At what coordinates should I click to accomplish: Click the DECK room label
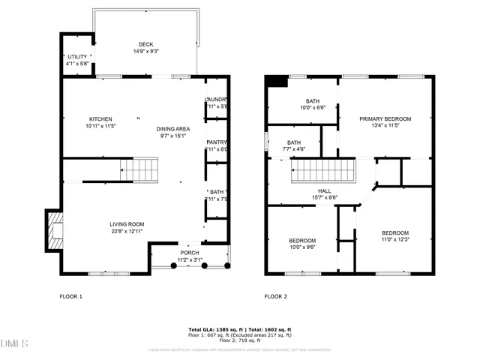point(145,44)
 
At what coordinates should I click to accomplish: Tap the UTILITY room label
point(77,56)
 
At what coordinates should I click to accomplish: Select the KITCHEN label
point(100,119)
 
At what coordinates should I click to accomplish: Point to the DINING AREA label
point(172,129)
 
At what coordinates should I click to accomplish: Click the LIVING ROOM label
point(127,224)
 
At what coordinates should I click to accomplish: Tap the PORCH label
point(189,253)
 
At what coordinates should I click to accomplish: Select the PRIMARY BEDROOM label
point(385,119)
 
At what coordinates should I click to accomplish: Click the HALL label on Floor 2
point(324,191)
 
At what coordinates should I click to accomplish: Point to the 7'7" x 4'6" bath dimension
point(294,149)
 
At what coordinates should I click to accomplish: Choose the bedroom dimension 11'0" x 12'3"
point(394,240)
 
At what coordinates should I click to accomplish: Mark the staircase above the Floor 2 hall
point(322,173)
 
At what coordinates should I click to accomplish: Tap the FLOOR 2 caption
point(275,296)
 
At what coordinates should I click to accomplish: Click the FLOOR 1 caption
point(70,296)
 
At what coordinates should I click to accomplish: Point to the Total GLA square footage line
point(239,330)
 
